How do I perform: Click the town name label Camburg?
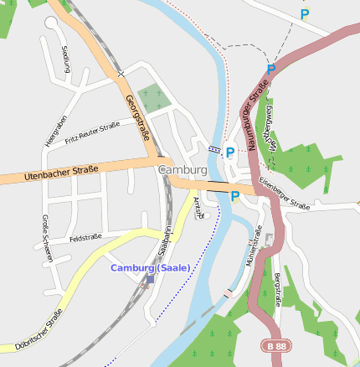point(182,169)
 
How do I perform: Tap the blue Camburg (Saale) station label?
point(151,268)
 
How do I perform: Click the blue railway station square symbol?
point(150,280)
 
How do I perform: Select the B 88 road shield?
point(272,345)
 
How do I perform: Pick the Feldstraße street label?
point(85,238)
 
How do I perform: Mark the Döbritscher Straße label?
point(39,332)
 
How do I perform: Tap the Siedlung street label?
point(66,59)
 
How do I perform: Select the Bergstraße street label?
point(278,290)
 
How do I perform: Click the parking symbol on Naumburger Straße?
point(270,70)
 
